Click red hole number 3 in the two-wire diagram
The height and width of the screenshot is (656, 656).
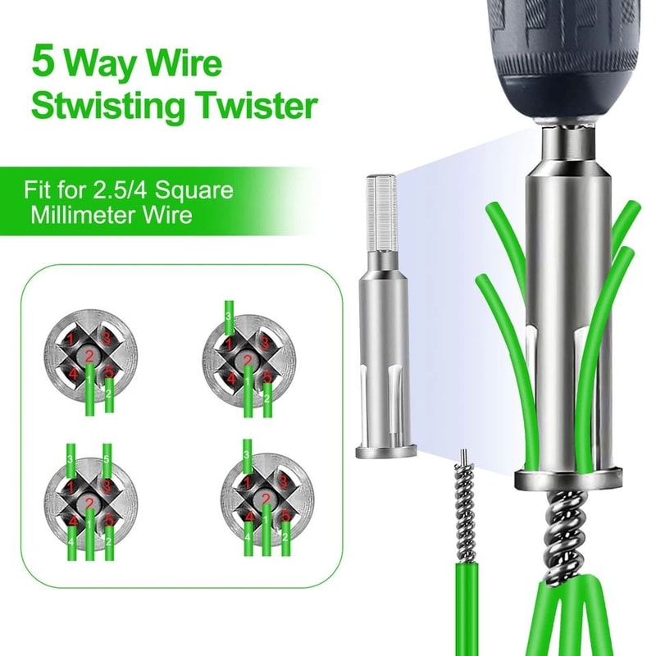tap(107, 339)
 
